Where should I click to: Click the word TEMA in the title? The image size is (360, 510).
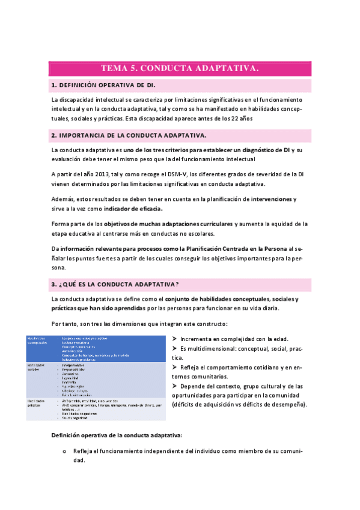click(x=112, y=69)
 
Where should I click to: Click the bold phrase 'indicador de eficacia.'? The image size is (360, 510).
click(x=133, y=209)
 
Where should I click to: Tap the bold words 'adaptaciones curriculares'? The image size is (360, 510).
click(x=197, y=224)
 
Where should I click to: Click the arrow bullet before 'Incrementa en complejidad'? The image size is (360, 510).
click(x=174, y=338)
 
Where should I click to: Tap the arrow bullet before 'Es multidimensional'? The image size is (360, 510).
click(x=174, y=348)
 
